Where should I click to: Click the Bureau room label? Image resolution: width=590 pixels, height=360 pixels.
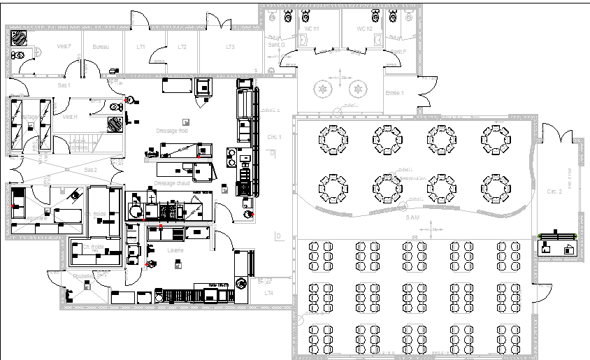pyautogui.click(x=101, y=47)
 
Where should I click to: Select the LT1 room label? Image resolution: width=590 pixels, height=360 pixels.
pyautogui.click(x=141, y=47)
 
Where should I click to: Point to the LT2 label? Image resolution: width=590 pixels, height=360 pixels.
pyautogui.click(x=182, y=47)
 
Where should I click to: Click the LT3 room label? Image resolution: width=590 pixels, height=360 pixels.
pyautogui.click(x=230, y=47)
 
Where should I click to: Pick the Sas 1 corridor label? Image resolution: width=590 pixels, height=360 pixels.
pyautogui.click(x=64, y=85)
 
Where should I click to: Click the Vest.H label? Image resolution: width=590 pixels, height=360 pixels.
pyautogui.click(x=69, y=117)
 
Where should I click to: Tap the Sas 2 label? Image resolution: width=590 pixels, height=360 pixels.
pyautogui.click(x=91, y=170)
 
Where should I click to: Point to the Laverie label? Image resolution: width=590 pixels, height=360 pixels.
pyautogui.click(x=175, y=250)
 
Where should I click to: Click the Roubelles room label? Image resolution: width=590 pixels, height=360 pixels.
pyautogui.click(x=83, y=277)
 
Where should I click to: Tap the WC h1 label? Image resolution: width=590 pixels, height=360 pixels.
pyautogui.click(x=310, y=29)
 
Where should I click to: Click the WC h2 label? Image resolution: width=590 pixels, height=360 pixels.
pyautogui.click(x=364, y=29)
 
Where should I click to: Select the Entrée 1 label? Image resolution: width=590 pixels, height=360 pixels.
pyautogui.click(x=394, y=93)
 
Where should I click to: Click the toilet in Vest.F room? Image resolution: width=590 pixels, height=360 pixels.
pyautogui.click(x=18, y=54)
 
